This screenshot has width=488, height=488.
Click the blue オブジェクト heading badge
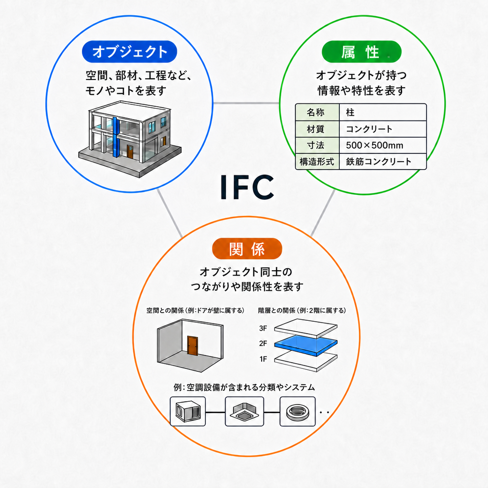point(130,51)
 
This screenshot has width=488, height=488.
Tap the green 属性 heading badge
point(361,51)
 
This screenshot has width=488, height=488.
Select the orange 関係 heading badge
point(247,249)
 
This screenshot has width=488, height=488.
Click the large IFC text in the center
point(247,187)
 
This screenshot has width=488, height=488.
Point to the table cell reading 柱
point(383,112)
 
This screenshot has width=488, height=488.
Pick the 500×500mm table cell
point(383,145)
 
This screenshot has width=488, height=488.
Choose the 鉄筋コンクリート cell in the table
point(383,162)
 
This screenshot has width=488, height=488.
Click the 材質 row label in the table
point(317,129)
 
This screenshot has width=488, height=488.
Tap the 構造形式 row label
point(317,162)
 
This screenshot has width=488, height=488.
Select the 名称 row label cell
point(317,112)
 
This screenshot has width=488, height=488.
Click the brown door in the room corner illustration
point(193,346)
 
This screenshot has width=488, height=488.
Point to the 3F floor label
point(263,328)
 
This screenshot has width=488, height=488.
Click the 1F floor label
point(263,359)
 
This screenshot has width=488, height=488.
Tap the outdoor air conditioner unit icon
point(188,411)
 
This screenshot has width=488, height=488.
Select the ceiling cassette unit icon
point(244,411)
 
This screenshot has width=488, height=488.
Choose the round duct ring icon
point(297,411)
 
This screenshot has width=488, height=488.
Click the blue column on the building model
point(116,137)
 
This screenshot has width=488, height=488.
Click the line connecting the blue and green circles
point(246,103)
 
